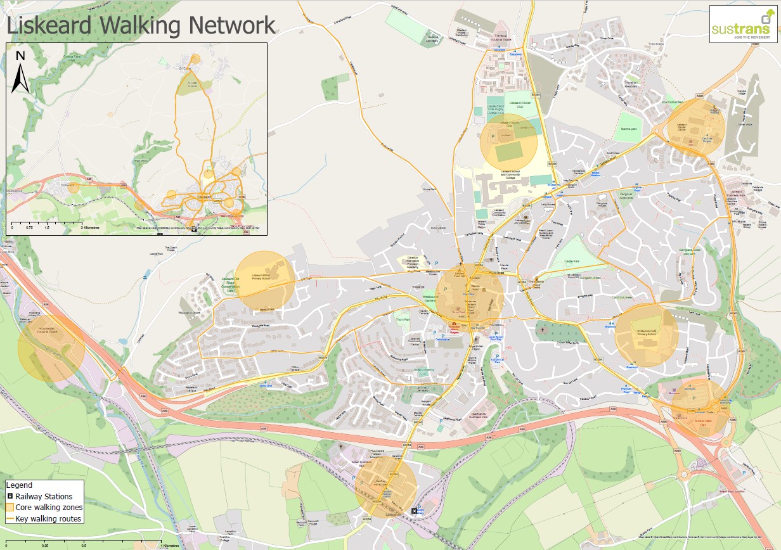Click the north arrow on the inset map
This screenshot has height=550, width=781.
pos(20,73)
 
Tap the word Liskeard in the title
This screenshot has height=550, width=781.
pos(53,25)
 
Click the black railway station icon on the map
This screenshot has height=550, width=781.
pos(415,511)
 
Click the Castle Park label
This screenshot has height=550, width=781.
pos(573,260)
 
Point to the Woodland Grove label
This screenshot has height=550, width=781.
pos(189,312)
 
